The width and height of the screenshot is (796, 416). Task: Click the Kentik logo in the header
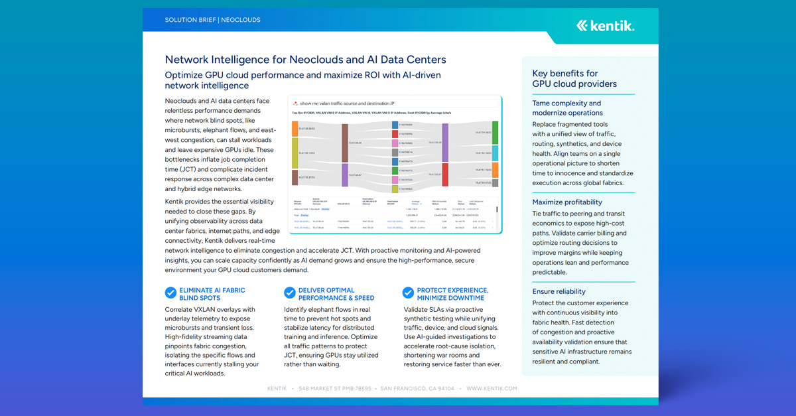605,26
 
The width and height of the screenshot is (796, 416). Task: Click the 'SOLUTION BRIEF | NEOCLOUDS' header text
212,20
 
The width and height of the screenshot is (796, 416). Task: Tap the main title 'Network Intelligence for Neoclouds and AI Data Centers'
305,60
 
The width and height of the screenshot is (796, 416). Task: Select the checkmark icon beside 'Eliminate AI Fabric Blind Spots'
170,293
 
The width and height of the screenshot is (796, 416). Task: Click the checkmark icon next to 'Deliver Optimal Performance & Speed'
289,293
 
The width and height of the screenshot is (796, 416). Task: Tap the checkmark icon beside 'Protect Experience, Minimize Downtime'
409,293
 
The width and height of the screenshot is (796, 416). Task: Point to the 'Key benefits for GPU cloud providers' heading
574,78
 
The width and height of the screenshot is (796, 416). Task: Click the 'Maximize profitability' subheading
567,202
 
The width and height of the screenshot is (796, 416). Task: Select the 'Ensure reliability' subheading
559,291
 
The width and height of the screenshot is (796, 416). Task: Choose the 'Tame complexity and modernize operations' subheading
566,107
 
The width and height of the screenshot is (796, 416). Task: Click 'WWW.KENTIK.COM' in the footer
492,389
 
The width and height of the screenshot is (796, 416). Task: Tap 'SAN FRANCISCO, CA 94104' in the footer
417,389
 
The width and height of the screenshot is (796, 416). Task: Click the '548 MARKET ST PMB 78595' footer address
335,389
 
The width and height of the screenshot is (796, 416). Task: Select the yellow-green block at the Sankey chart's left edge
295,153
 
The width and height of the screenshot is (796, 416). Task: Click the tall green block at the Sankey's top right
496,131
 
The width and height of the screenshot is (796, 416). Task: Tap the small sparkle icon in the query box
295,104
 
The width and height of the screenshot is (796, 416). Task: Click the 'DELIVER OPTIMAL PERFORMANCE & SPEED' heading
336,294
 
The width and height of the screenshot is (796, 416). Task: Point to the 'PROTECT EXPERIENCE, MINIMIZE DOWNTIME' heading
452,294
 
